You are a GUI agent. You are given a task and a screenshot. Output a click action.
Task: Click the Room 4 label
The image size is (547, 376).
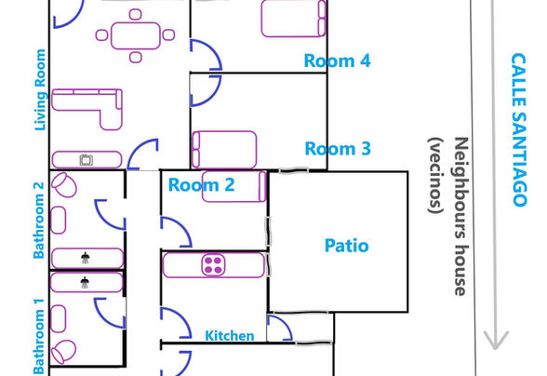337,60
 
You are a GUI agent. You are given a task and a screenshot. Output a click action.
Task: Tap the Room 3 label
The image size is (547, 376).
338,149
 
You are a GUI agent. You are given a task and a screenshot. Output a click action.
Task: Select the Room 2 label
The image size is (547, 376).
201,184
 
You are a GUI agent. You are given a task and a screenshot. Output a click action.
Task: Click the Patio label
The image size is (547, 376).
346,246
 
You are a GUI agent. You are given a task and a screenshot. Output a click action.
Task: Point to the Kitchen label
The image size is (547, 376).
230,336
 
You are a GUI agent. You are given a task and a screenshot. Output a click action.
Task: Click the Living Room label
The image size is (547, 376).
40,90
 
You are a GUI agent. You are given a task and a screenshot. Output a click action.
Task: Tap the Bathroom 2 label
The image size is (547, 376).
39,221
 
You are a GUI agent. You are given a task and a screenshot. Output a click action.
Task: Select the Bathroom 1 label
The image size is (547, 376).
39,336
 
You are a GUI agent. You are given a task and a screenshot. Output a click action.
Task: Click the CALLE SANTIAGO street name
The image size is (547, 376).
519,130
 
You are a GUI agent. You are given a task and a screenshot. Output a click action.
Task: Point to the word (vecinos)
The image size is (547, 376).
435,175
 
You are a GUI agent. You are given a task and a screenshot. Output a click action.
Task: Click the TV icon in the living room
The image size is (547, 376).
86,160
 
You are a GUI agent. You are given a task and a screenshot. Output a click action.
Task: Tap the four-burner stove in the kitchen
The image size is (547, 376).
213,265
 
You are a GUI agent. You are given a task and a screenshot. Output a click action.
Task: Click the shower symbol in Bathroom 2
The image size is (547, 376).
86,258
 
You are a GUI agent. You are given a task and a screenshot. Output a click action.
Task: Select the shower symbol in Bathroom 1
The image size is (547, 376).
85,282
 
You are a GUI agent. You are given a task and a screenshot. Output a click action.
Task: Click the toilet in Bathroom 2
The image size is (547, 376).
64,184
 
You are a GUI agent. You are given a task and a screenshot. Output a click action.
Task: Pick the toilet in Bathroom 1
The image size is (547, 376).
63,352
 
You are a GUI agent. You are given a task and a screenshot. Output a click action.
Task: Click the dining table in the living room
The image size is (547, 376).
136,35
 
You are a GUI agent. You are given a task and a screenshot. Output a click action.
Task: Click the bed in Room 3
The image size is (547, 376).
224,150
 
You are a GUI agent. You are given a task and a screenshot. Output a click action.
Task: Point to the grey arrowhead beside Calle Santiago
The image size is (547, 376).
496,340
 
